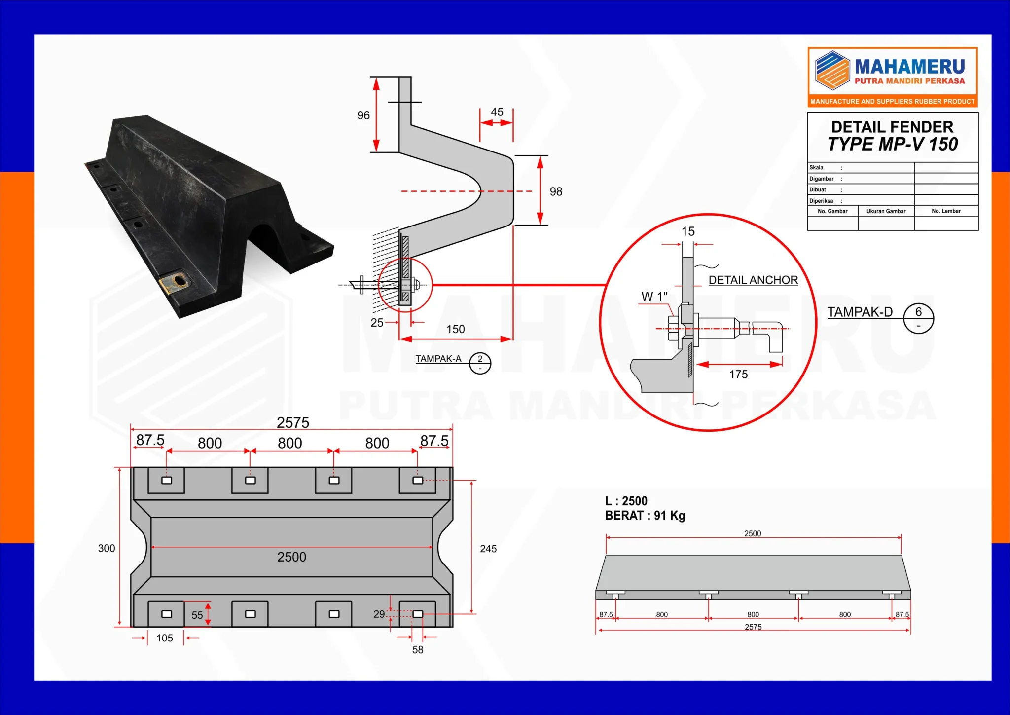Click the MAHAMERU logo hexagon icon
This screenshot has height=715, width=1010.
pos(832,70)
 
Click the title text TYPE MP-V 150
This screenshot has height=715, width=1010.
pos(893,144)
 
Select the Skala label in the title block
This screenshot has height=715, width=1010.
pos(816,168)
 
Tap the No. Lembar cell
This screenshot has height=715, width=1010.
pos(946,211)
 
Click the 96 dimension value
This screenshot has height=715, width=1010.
pos(363,115)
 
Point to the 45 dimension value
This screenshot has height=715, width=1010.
pos(497,112)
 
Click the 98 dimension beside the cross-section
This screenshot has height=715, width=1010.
pos(556,191)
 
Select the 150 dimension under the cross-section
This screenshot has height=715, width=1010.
pos(456,329)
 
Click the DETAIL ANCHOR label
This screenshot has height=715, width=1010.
pos(753,280)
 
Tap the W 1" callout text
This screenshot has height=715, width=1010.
pos(654,297)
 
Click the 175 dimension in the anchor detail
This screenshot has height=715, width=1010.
pos(738,375)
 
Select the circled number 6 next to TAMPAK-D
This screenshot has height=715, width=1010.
pos(918,312)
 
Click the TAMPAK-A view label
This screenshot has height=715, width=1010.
pos(438,359)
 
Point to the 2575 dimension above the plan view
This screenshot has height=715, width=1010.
pos(293,423)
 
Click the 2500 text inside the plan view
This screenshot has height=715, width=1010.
pos(291,557)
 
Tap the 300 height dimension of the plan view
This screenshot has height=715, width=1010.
pos(107,549)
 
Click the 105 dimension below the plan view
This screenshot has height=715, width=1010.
pos(165,638)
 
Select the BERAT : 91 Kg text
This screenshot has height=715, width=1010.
pos(645,516)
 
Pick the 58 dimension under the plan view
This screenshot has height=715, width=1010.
pos(418,650)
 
